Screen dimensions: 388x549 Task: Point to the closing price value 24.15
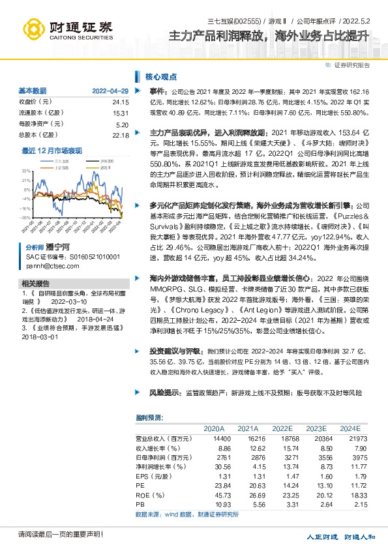pos(121,102)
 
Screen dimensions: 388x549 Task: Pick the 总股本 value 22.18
pos(121,136)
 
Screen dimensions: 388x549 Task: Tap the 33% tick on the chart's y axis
pos(25,170)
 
